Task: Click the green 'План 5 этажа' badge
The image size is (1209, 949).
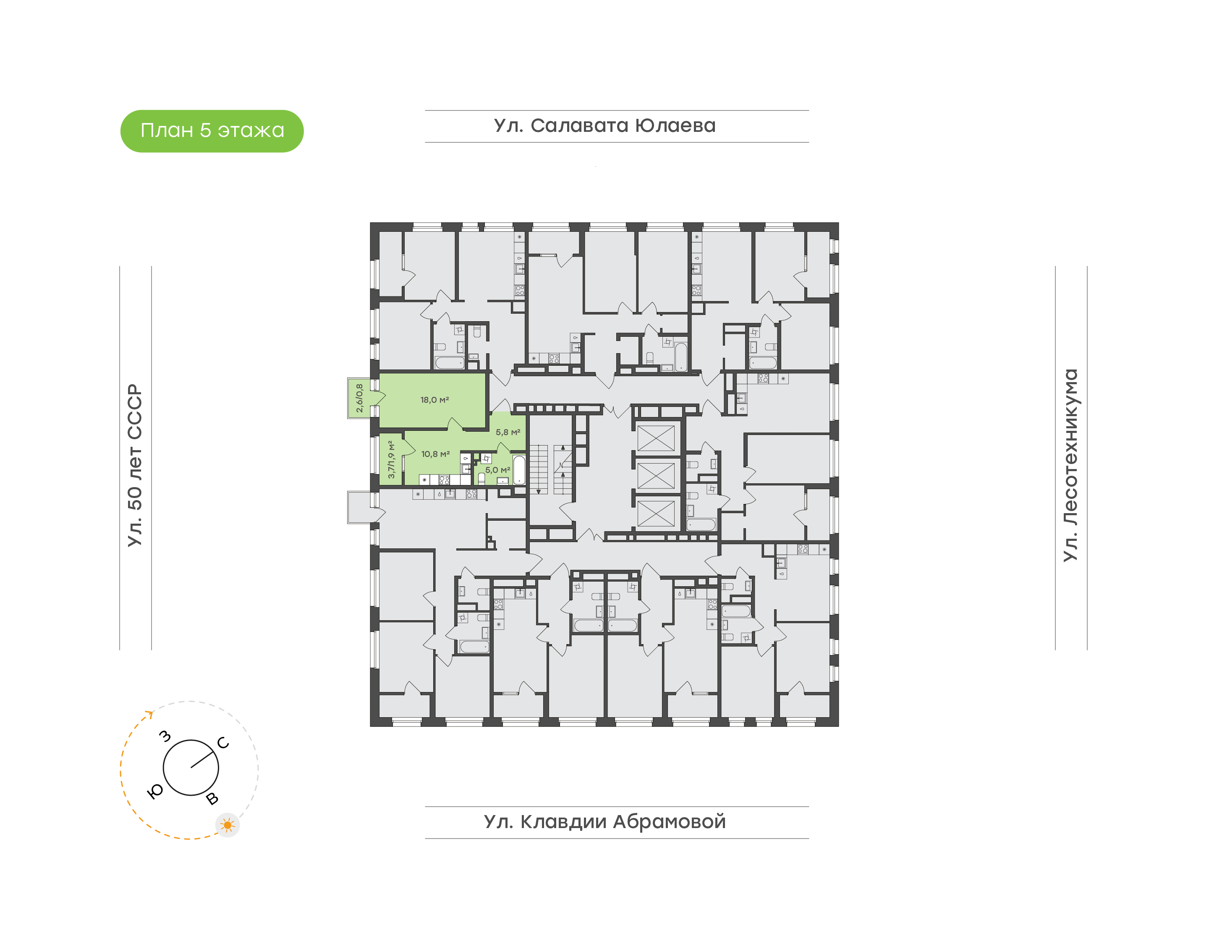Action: click(x=212, y=131)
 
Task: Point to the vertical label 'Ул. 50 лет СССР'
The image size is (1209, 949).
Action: click(x=135, y=465)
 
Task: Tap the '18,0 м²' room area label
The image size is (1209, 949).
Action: click(x=434, y=399)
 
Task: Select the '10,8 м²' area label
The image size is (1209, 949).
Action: click(x=435, y=454)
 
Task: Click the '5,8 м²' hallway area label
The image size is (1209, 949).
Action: click(x=508, y=432)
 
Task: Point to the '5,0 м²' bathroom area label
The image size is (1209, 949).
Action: click(x=497, y=469)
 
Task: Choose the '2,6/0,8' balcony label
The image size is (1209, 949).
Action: click(x=359, y=398)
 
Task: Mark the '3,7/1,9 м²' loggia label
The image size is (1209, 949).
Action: click(x=391, y=459)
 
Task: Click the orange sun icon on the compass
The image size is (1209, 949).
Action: click(x=227, y=825)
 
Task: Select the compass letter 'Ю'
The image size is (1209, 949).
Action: click(x=155, y=791)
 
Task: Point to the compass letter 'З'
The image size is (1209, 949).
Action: click(x=165, y=736)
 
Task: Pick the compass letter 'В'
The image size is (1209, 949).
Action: click(x=212, y=799)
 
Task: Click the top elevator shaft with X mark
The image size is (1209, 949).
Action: click(x=655, y=438)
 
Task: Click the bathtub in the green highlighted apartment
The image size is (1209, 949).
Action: click(x=519, y=470)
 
